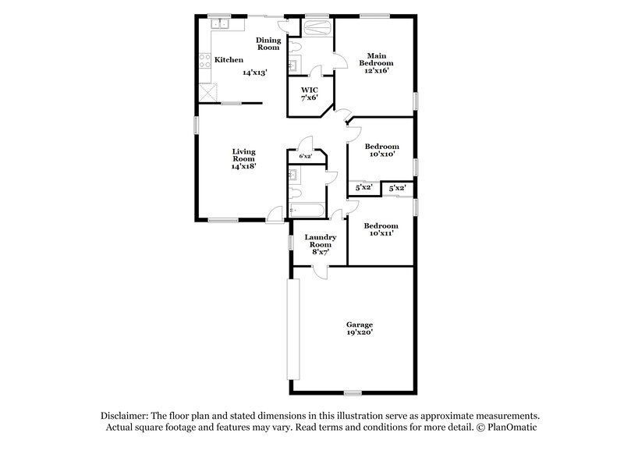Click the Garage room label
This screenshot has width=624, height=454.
click(x=360, y=324)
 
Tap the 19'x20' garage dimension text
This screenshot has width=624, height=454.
click(x=360, y=332)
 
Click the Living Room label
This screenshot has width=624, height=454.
click(x=243, y=155)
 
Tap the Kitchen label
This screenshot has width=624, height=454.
click(x=229, y=60)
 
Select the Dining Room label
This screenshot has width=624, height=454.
click(x=268, y=44)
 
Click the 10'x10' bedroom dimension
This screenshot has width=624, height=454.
click(x=384, y=154)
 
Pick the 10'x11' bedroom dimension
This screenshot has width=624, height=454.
click(x=384, y=232)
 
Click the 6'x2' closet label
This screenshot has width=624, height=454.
click(x=306, y=157)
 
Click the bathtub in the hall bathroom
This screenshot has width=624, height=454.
click(x=305, y=210)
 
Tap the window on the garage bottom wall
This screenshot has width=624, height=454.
click(x=353, y=392)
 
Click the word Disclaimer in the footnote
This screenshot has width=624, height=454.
click(x=126, y=416)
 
